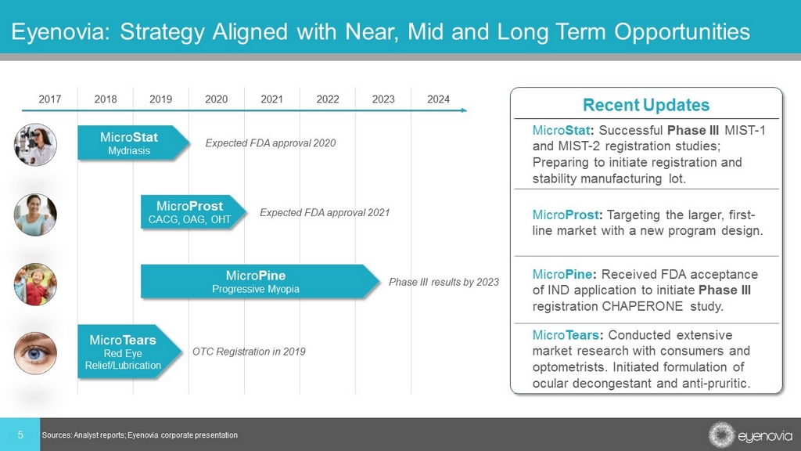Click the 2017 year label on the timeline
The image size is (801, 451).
[49, 99]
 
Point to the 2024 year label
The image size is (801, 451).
[438, 99]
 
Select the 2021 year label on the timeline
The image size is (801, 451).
[271, 99]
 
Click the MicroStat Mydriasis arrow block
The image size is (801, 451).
[133, 143]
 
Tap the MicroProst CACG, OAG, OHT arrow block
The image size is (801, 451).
[194, 212]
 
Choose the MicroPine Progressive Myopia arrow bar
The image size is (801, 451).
[260, 282]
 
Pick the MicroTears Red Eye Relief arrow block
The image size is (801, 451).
[130, 352]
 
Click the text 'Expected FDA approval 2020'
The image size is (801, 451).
[270, 143]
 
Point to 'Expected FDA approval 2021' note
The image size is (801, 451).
[325, 213]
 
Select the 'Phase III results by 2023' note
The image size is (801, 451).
[444, 282]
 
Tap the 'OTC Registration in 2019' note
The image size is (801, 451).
[249, 352]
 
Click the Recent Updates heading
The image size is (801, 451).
[646, 105]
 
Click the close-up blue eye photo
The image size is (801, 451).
[35, 353]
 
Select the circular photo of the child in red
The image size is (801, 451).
[35, 284]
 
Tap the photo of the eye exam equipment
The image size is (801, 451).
[35, 145]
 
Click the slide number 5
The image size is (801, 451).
[20, 435]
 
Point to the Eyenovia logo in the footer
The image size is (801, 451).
[750, 435]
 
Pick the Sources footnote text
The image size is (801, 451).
[139, 435]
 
